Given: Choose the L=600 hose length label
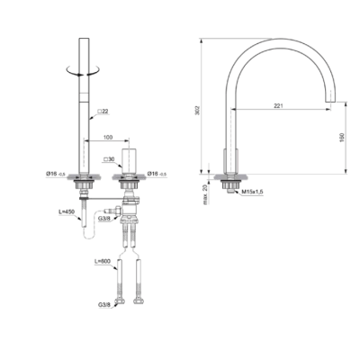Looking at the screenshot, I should pyautogui.click(x=104, y=260).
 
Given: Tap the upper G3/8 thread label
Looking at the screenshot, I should pyautogui.click(x=104, y=217).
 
